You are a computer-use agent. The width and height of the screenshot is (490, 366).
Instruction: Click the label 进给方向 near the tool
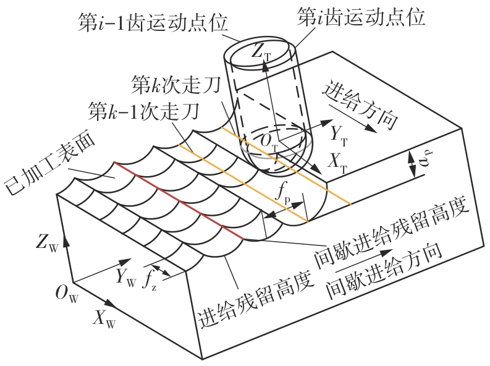(360, 106)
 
